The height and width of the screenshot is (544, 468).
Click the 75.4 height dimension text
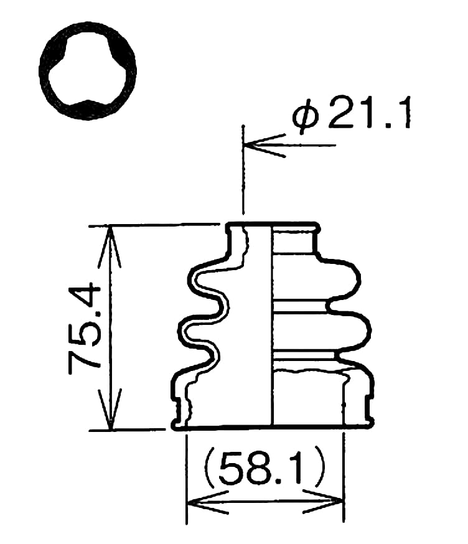pos(85,327)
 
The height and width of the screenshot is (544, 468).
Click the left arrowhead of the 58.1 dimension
pos(198,502)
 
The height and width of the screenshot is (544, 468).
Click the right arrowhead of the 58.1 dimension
pos(333,502)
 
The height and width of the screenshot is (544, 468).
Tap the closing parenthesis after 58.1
pos(318,470)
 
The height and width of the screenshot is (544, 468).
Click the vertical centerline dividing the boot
pos(273,324)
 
